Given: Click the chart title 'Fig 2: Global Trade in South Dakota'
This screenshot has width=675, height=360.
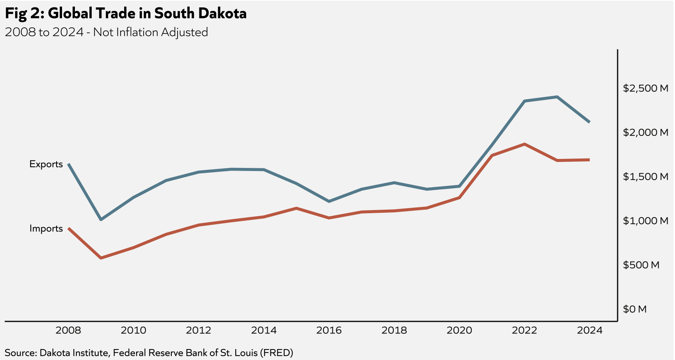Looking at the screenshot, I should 126,13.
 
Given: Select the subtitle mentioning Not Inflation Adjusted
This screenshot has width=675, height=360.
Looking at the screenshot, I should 106,32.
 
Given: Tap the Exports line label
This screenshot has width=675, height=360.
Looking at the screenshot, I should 46,164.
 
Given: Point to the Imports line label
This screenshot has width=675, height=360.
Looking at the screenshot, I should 46,228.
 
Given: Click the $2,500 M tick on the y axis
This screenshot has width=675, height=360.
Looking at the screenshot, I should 645,88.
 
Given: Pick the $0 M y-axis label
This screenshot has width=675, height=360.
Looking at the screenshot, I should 635,309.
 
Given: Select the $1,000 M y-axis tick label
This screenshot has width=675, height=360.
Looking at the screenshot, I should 645,221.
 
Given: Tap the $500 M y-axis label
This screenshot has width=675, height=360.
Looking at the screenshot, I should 641,265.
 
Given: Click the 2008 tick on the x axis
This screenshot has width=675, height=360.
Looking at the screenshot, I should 68,331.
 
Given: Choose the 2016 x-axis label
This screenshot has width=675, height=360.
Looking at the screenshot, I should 329,331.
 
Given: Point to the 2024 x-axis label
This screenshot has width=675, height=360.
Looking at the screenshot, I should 590,331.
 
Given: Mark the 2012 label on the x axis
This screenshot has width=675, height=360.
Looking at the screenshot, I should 199,331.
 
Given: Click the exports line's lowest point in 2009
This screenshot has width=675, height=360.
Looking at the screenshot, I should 101,220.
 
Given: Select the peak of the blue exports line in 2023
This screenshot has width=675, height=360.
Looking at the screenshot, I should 557,97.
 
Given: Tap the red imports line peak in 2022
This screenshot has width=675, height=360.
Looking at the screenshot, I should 524,144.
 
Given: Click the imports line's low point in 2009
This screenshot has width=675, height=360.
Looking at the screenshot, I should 101,258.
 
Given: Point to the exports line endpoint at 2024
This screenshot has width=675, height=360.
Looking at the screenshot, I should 589,122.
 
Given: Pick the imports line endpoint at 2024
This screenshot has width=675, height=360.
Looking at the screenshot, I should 589,160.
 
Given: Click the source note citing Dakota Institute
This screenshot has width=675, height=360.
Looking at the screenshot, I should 149,353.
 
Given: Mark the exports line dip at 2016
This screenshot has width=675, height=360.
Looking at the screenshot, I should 329,201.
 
